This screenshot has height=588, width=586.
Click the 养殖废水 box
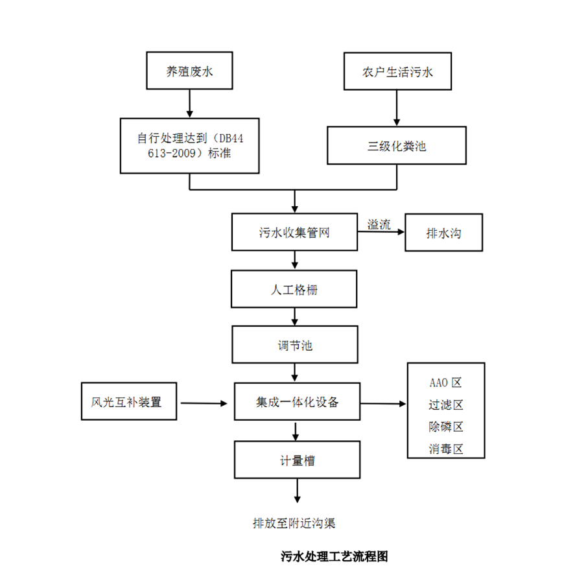(189, 72)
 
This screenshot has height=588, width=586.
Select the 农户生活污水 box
(397, 72)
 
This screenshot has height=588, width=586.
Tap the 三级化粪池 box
(396, 145)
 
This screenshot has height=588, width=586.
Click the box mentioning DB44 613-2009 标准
(189, 145)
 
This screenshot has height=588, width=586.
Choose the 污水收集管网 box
(294, 232)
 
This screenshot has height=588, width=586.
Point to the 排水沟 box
(443, 233)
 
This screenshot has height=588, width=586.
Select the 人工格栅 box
(294, 289)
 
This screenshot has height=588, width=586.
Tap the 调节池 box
(294, 345)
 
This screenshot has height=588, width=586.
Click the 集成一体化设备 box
(296, 402)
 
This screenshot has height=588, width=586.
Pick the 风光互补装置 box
(130, 402)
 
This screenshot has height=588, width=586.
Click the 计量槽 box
(297, 460)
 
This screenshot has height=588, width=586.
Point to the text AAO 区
(445, 383)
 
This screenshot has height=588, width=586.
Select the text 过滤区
(445, 405)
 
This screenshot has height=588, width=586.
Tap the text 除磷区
(445, 427)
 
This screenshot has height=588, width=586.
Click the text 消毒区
(445, 449)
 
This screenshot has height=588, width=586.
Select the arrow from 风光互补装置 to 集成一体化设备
(204, 403)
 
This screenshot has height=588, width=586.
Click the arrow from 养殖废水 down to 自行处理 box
(189, 103)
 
